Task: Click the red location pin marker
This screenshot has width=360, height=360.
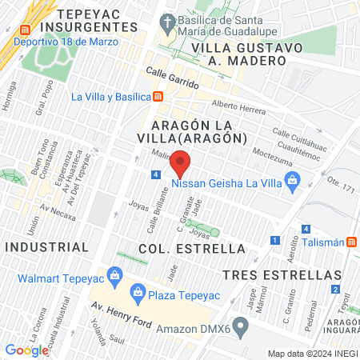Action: tap(181, 165)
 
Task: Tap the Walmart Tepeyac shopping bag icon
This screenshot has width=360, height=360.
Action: tap(116, 278)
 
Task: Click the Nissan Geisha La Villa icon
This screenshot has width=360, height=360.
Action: tap(293, 181)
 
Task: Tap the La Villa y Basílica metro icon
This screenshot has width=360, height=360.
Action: tap(158, 98)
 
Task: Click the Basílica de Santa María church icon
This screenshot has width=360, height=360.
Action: tap(167, 22)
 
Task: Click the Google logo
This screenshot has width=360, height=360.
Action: tap(27, 349)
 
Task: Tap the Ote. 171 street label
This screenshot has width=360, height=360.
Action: tap(342, 182)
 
